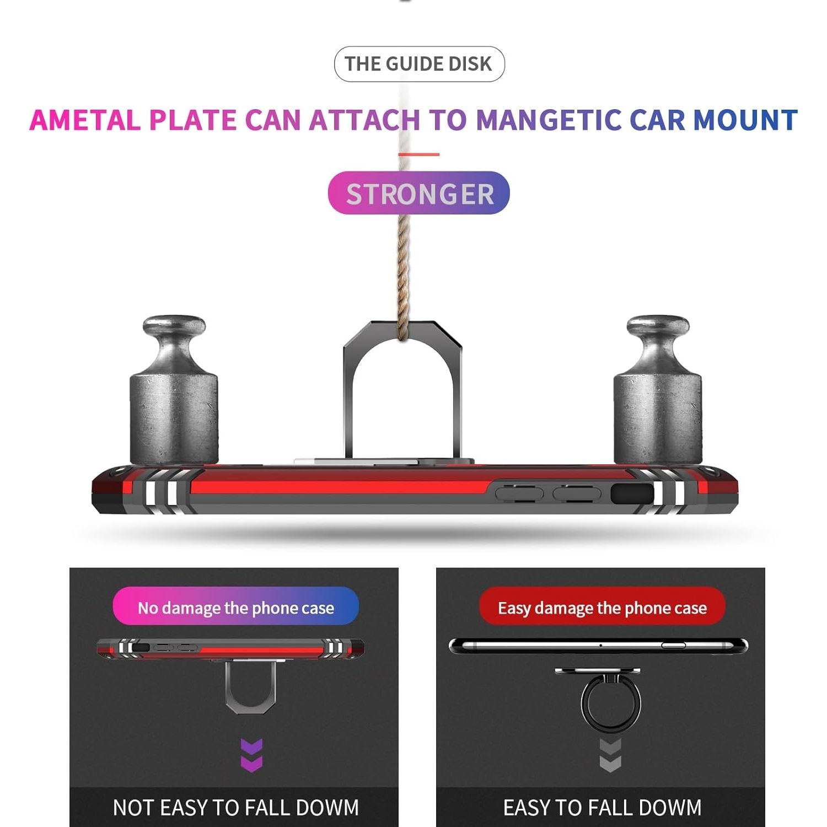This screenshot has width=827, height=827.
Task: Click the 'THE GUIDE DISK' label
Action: point(419,64)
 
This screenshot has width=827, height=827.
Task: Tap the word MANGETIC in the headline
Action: point(548,120)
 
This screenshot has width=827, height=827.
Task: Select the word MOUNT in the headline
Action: point(745,120)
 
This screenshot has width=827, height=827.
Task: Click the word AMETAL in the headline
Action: point(84,120)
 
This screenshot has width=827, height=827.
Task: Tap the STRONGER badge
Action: point(419,193)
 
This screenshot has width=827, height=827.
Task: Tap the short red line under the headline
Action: point(419,154)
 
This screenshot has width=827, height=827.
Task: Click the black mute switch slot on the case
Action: point(632,493)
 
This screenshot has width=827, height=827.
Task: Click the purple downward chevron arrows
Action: point(252,755)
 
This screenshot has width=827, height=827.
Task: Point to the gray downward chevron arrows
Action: point(610,755)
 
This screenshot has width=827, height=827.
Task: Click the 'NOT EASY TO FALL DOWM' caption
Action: point(235,808)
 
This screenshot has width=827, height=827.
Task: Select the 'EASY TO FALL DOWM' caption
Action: point(602,808)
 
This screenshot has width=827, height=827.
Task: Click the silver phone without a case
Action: point(598,646)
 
